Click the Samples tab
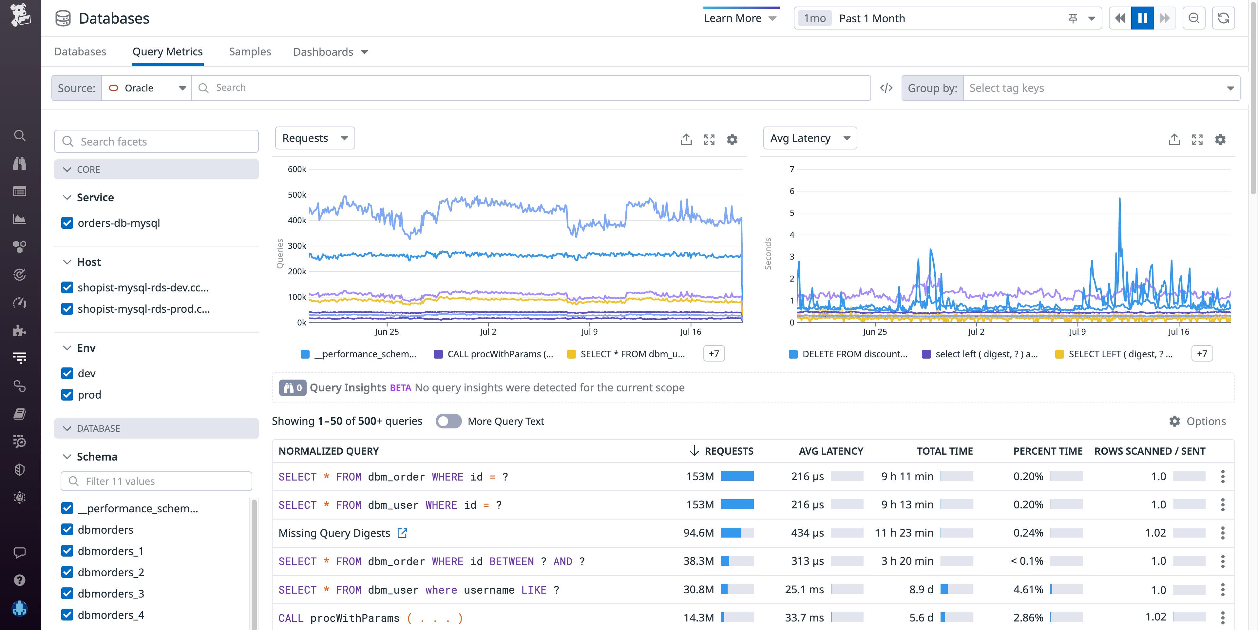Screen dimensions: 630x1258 (x=250, y=52)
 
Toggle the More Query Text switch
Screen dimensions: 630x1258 (x=448, y=421)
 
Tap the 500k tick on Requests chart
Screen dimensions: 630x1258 (x=297, y=194)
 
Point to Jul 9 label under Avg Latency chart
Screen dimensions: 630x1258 (x=1077, y=331)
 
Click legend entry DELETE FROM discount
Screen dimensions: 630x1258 (x=854, y=354)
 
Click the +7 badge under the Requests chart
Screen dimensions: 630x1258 (x=714, y=353)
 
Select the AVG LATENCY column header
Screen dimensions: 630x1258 (x=831, y=451)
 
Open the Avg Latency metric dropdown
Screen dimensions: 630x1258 (x=809, y=138)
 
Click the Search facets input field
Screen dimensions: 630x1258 (x=156, y=141)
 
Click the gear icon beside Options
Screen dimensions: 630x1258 (x=1174, y=421)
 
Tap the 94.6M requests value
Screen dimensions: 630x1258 (x=698, y=533)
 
